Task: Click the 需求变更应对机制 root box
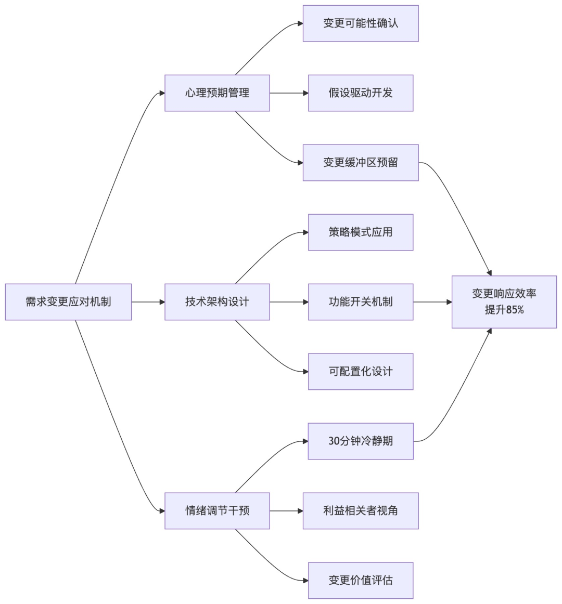[x=68, y=302]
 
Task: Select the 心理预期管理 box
[x=217, y=93]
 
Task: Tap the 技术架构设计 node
[x=217, y=302]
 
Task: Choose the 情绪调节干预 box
[x=217, y=511]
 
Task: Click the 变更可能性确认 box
[x=361, y=23]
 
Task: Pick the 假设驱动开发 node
[x=361, y=93]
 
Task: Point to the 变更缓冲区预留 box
[x=361, y=163]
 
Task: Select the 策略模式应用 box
[x=361, y=232]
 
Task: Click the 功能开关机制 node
[x=361, y=302]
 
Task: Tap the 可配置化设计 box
[x=361, y=372]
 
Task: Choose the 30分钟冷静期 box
[x=361, y=441]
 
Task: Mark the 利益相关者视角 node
[x=361, y=511]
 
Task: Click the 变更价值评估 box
[x=361, y=581]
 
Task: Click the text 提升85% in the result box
[x=504, y=310]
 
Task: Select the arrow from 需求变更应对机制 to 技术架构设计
[x=148, y=302]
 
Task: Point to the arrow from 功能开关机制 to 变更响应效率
[x=432, y=302]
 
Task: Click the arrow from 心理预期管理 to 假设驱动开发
[x=289, y=93]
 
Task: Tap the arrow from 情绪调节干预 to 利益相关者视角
[x=286, y=511]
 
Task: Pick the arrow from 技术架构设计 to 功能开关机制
[x=289, y=302]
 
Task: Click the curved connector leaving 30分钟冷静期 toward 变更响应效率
[x=458, y=395]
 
